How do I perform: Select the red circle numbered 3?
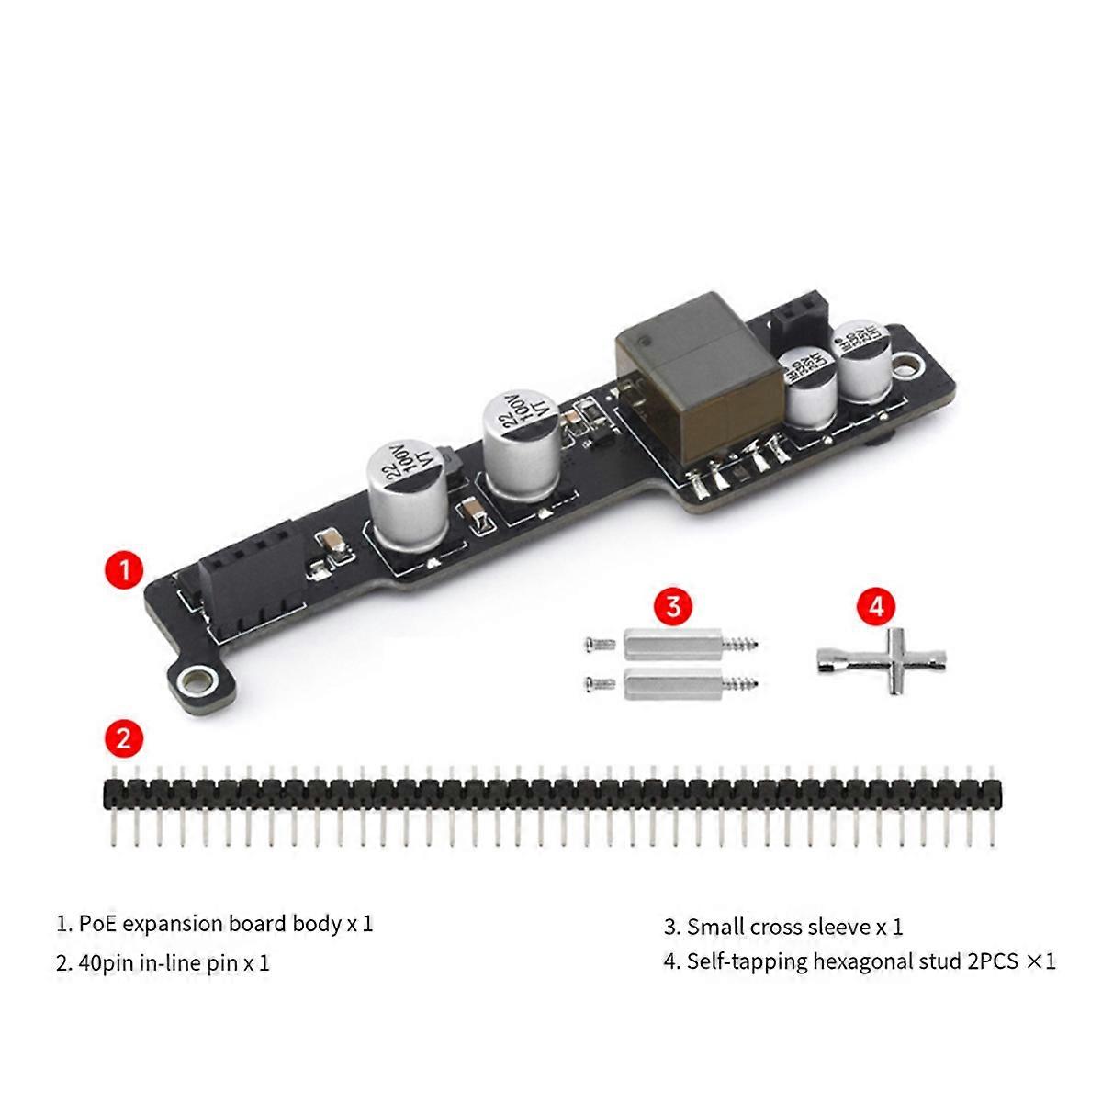pyautogui.click(x=673, y=607)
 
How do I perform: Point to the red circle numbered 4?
pyautogui.click(x=876, y=607)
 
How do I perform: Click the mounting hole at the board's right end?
pyautogui.click(x=907, y=366)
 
